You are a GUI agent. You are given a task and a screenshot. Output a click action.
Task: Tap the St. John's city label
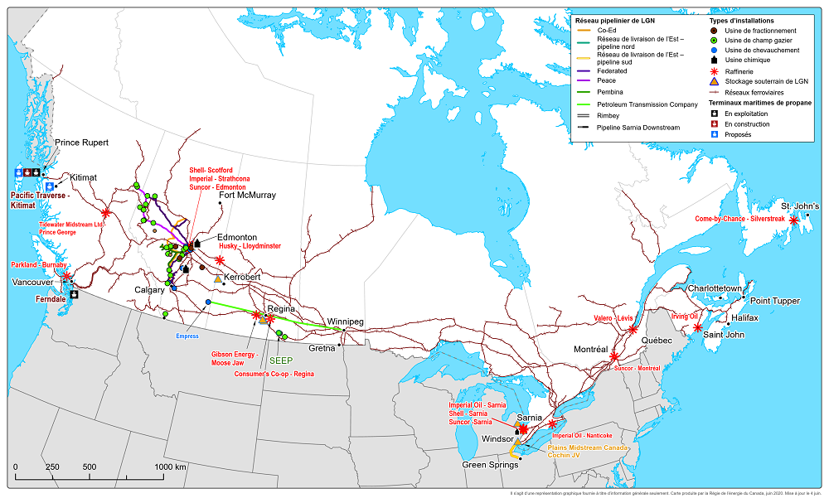tap(800, 206)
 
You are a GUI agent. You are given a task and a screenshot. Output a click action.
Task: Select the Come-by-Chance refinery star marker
tap(794, 220)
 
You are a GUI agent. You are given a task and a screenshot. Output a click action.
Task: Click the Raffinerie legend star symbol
tap(715, 72)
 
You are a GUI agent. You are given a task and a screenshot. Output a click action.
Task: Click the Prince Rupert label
tap(81, 143)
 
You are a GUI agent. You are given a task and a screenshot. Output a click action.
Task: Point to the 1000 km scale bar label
tap(169, 467)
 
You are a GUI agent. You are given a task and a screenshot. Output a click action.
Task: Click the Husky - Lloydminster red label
tap(249, 246)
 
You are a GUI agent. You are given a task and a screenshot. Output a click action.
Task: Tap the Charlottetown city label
tap(714, 288)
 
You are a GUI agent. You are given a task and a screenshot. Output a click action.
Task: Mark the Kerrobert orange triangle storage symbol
tap(218, 278)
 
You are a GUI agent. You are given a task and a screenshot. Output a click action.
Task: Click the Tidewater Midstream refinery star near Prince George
tap(105, 213)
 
